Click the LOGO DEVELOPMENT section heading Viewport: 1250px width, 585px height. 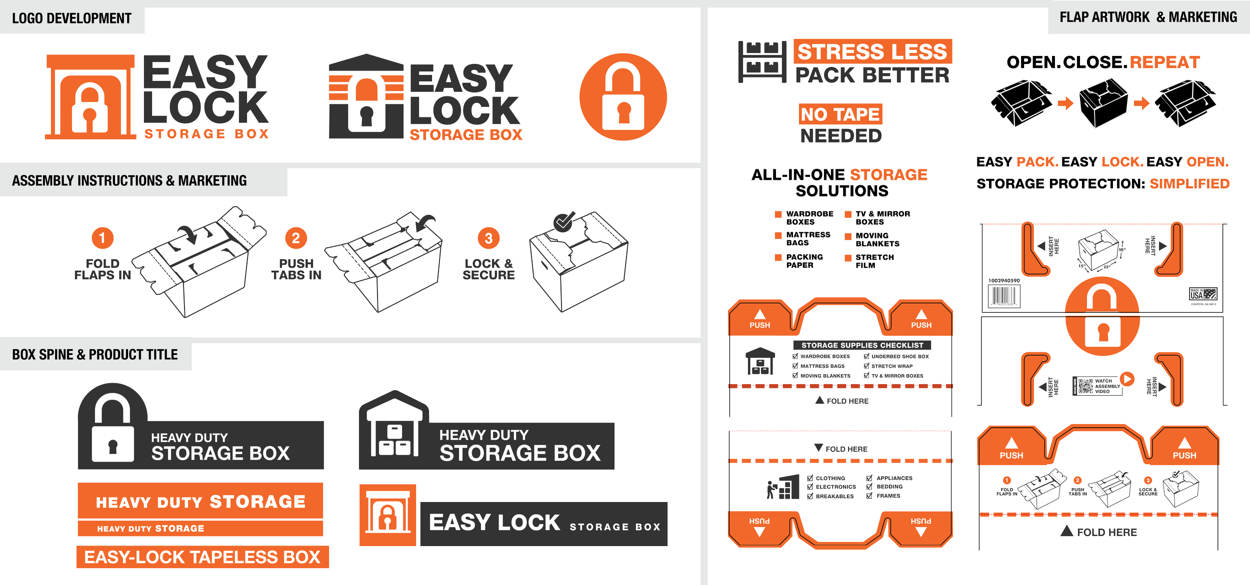[x=71, y=18]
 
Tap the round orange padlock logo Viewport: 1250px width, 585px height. [x=623, y=97]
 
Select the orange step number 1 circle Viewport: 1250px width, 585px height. [x=102, y=238]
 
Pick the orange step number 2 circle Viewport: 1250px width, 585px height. [x=296, y=238]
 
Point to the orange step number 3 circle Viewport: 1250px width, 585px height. [x=488, y=238]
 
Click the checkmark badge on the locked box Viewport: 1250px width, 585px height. [x=563, y=222]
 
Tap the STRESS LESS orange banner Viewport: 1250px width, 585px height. [x=872, y=51]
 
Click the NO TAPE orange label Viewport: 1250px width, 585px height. [x=840, y=114]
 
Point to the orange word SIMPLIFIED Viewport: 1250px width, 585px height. [x=1189, y=184]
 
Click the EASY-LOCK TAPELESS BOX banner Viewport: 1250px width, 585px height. [x=202, y=557]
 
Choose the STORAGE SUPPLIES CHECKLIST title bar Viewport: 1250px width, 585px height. [x=862, y=345]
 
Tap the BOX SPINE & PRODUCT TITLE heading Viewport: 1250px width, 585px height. [x=95, y=355]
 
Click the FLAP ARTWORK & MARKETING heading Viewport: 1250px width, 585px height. [x=1148, y=17]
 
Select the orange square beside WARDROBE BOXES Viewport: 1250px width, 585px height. [x=778, y=214]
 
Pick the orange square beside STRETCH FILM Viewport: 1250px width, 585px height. [x=848, y=258]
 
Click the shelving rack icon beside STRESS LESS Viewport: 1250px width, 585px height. [x=762, y=62]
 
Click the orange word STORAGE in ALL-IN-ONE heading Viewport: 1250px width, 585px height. [x=888, y=175]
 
